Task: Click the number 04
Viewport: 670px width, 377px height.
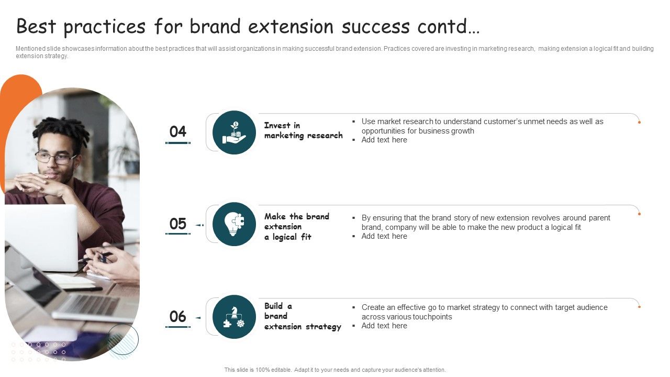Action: click(x=178, y=131)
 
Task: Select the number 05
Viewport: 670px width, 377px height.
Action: click(x=178, y=224)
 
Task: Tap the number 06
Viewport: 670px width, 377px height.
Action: click(x=178, y=317)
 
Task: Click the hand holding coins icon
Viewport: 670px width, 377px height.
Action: click(x=234, y=133)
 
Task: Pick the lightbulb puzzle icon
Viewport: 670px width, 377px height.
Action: click(x=234, y=224)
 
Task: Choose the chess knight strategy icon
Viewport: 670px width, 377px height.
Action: click(x=234, y=317)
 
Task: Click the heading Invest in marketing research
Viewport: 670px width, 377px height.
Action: click(x=303, y=130)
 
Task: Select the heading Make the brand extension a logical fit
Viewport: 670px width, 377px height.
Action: click(x=296, y=227)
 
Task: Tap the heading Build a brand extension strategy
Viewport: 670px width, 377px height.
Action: click(x=302, y=316)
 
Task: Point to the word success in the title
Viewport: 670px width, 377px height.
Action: click(x=376, y=26)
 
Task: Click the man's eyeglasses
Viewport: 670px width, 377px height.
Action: click(x=55, y=158)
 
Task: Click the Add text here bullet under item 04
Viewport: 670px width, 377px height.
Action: click(x=384, y=140)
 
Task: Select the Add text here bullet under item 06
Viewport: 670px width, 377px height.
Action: click(x=384, y=326)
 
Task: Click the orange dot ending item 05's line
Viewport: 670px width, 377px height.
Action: click(x=639, y=214)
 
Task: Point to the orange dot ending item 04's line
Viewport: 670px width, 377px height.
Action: click(x=639, y=122)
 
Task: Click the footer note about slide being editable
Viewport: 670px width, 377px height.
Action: click(x=335, y=370)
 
